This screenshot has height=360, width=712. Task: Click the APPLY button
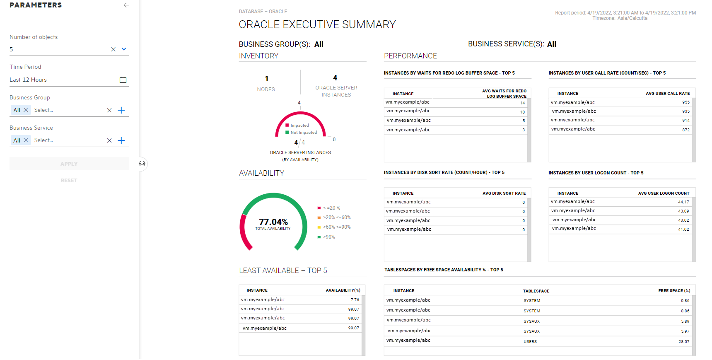tap(69, 164)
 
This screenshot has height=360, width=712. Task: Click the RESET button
tap(69, 181)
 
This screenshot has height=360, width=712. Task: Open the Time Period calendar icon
tap(123, 80)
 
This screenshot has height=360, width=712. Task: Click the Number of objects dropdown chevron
tap(124, 49)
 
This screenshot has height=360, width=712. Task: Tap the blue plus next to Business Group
tap(121, 110)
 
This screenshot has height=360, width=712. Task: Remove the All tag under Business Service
tap(26, 140)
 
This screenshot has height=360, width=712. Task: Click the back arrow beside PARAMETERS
tap(126, 5)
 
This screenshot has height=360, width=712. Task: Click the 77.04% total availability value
tap(273, 222)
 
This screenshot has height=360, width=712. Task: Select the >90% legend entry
tap(329, 237)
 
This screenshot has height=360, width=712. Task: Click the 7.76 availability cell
tap(355, 300)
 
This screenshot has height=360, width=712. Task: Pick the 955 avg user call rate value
tap(686, 102)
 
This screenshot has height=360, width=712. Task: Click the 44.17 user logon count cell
tap(683, 202)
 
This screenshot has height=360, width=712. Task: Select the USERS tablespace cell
tap(530, 342)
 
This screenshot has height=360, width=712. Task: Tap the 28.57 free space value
tap(684, 342)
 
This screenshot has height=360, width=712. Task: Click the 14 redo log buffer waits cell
tap(522, 103)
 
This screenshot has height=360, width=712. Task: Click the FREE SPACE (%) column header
tap(674, 291)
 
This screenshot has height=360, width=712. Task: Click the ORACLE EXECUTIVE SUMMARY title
tap(317, 25)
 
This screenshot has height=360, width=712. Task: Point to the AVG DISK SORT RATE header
tap(504, 193)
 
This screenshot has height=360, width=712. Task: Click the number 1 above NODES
tap(267, 79)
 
